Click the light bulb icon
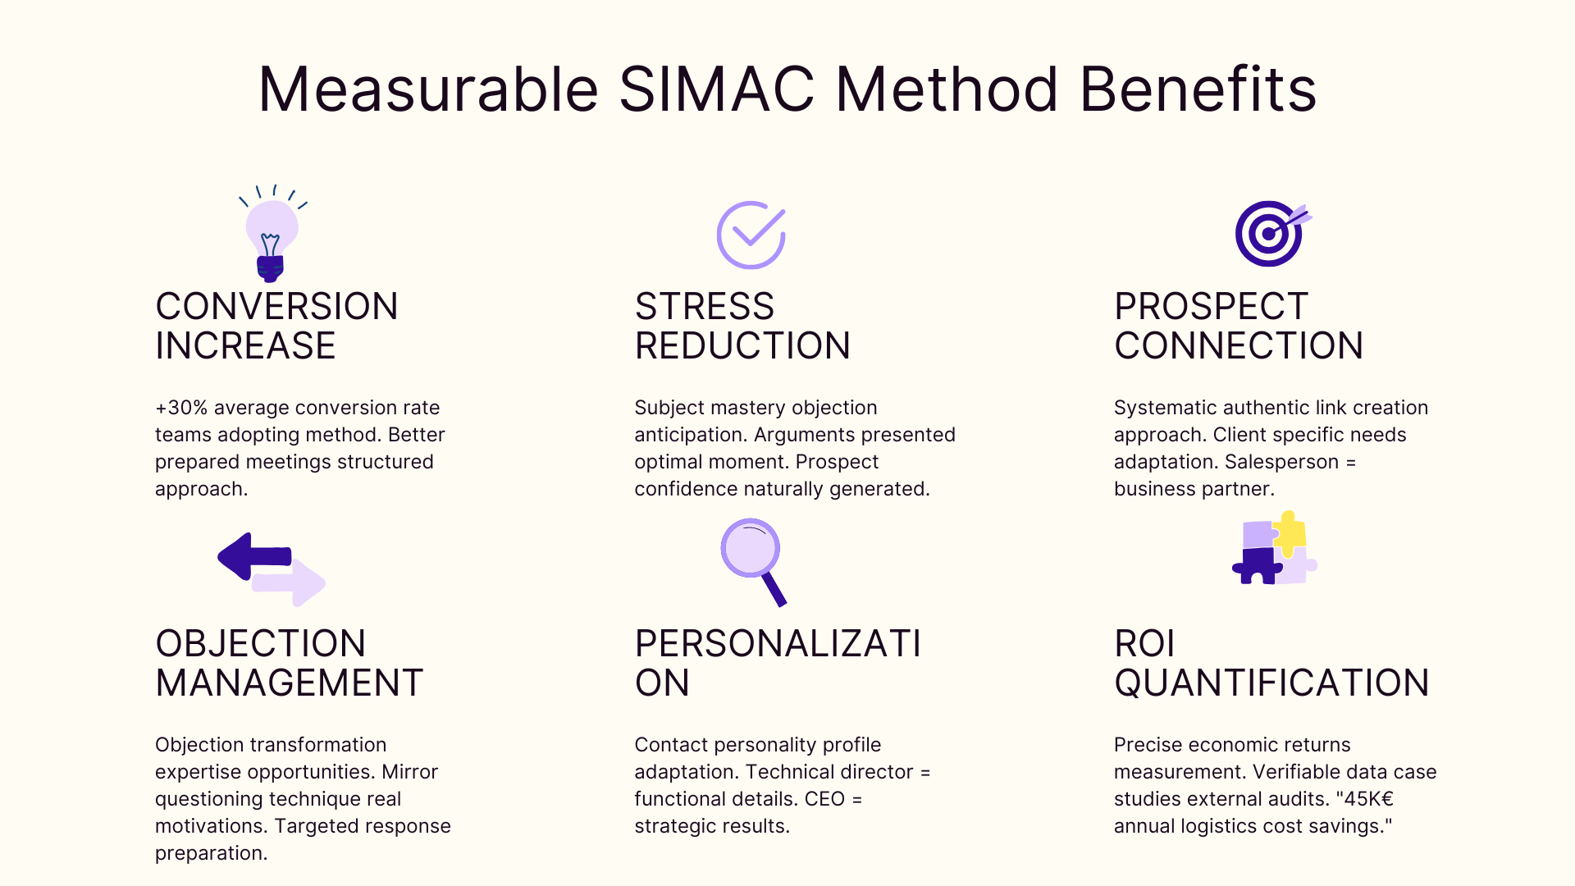click(272, 235)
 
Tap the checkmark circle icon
click(751, 235)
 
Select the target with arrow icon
click(1271, 234)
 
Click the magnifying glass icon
click(752, 559)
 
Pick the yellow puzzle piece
click(1290, 532)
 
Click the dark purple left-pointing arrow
click(253, 556)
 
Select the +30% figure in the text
click(182, 408)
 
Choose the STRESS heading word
click(704, 307)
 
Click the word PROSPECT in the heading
click(1211, 307)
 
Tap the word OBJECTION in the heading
click(260, 644)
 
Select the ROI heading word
click(1144, 644)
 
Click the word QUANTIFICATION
click(1271, 683)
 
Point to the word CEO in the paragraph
click(824, 799)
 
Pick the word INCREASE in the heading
click(245, 346)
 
